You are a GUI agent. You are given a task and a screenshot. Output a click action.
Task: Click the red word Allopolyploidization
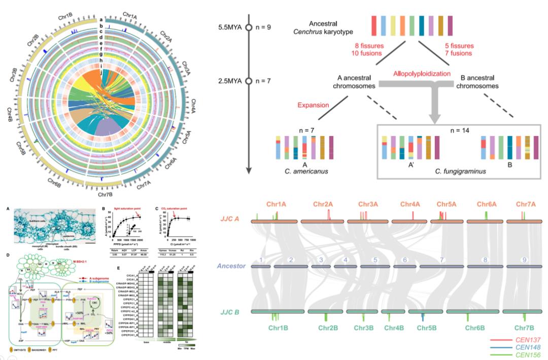(422, 74)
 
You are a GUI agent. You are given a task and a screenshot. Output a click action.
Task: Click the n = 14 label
(451, 130)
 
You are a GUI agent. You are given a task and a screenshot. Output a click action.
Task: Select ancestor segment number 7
(442, 260)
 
